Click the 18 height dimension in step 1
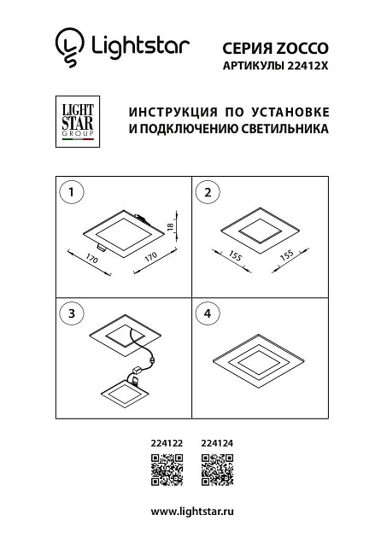click(x=170, y=225)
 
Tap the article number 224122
click(x=165, y=443)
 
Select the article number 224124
click(x=216, y=443)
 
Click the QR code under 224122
click(x=165, y=470)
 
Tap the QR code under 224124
click(x=216, y=470)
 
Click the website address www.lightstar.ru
click(x=191, y=511)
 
